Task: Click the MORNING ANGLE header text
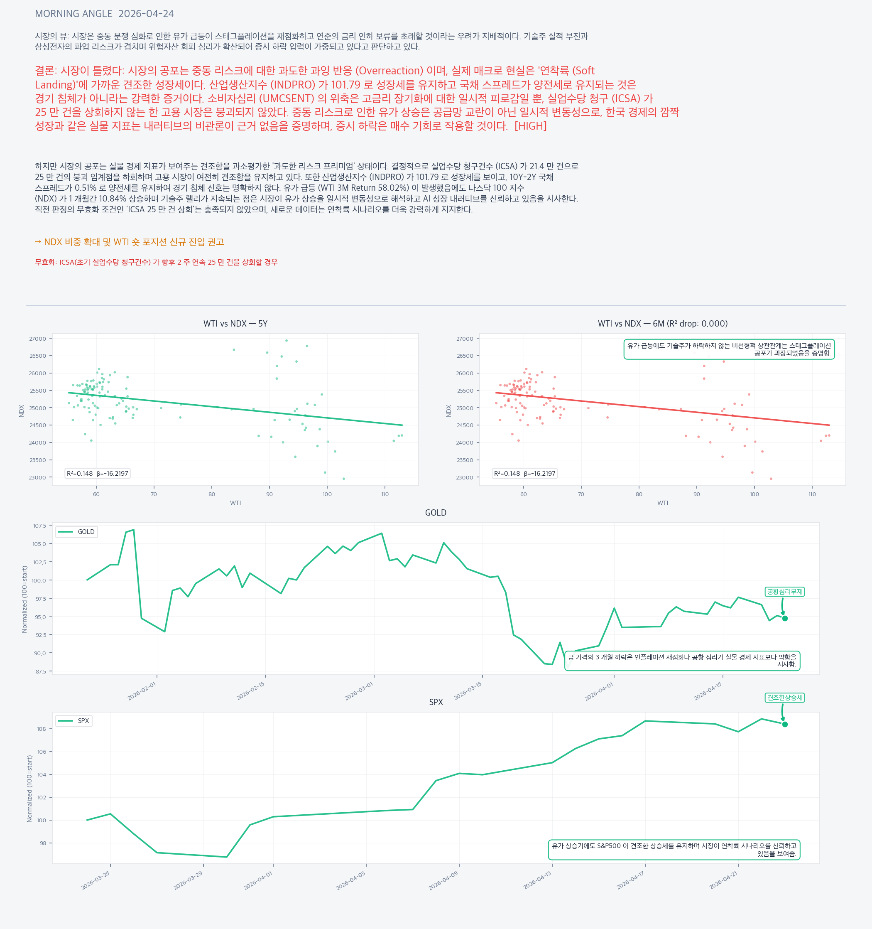[104, 14]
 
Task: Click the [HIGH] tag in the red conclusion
[530, 126]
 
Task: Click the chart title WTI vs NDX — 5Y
[235, 324]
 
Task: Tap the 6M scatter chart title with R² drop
[662, 324]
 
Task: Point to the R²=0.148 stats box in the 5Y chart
[97, 473]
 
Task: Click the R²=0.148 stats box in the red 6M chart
[524, 473]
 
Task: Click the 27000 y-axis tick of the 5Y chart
[38, 339]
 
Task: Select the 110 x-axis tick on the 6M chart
[812, 494]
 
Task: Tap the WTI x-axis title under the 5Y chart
[235, 503]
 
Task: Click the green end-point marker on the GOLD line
[785, 619]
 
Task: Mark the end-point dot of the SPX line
[785, 724]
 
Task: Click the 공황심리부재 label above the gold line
[785, 592]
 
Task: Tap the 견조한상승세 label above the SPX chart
[785, 698]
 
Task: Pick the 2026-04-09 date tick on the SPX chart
[444, 880]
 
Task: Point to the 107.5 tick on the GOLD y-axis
[40, 526]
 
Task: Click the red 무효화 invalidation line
[156, 262]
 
